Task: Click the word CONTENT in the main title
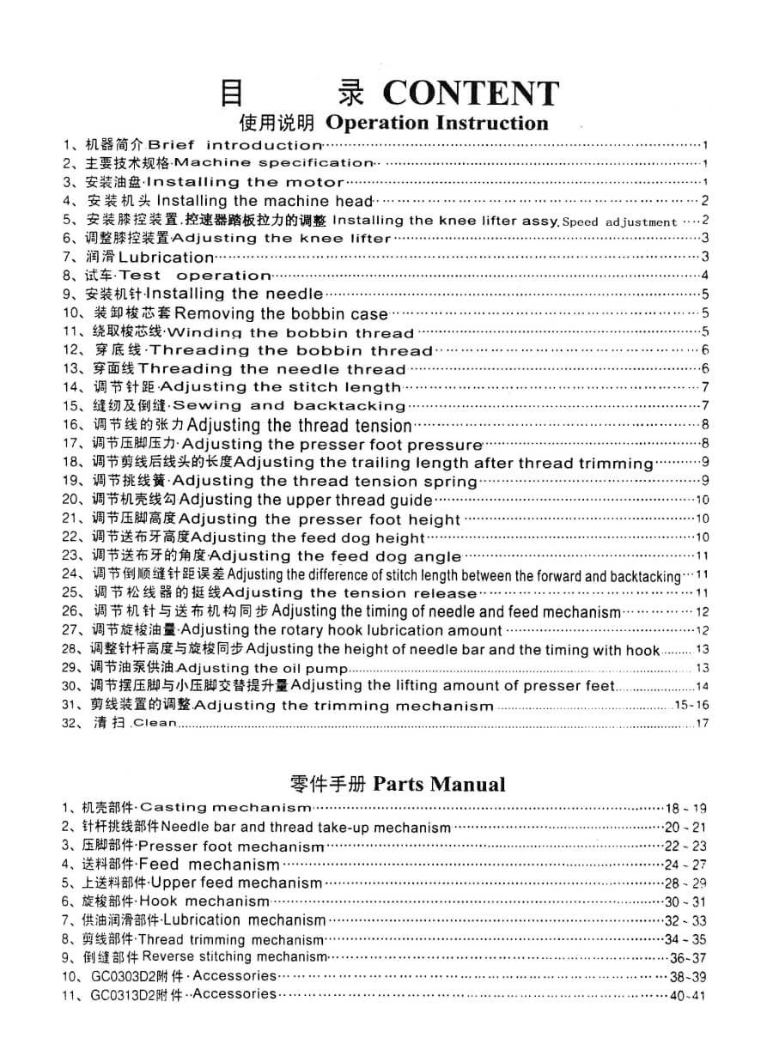(x=471, y=92)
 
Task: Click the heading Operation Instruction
(x=437, y=123)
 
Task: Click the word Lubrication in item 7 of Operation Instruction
(x=166, y=257)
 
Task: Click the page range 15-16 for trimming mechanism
(x=692, y=705)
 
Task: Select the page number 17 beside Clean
(x=703, y=723)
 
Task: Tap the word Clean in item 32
(x=155, y=723)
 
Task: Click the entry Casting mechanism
(x=225, y=807)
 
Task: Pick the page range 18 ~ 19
(x=686, y=808)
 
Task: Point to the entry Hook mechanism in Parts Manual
(x=204, y=901)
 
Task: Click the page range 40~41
(x=687, y=996)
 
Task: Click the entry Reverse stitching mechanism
(x=234, y=956)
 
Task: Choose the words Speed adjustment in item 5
(x=619, y=222)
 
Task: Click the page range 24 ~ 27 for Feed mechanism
(x=685, y=865)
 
